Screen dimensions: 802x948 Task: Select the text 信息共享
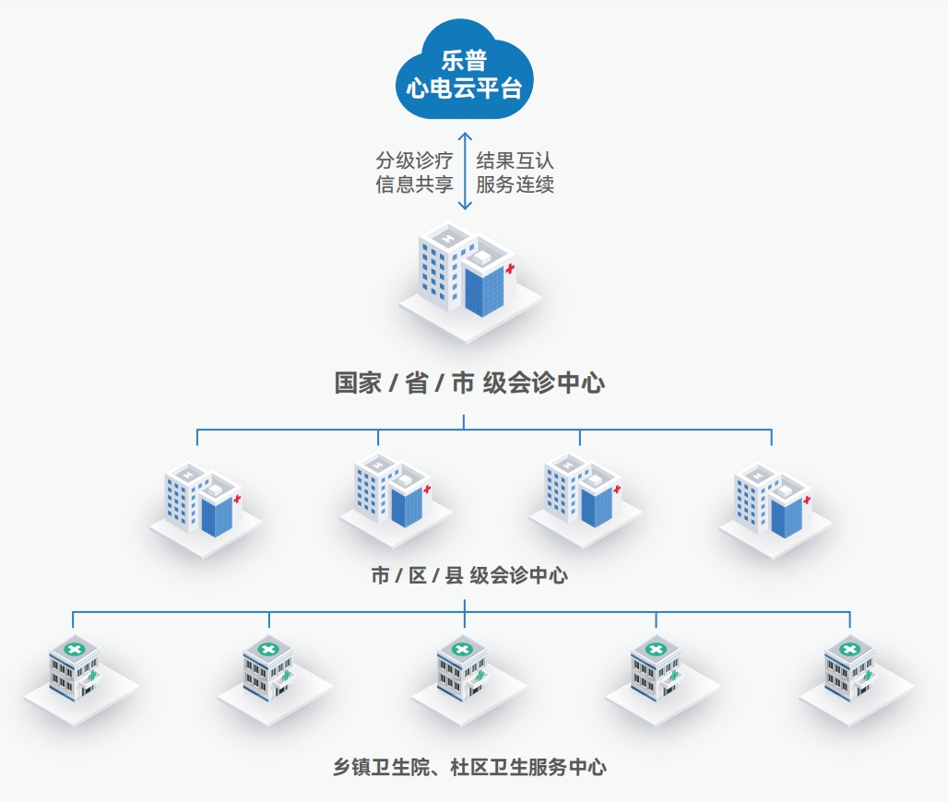pyautogui.click(x=414, y=184)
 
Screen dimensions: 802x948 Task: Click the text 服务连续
pyautogui.click(x=515, y=184)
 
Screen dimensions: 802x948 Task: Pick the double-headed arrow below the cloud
pyautogui.click(x=465, y=171)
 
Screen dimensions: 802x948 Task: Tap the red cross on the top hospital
pyautogui.click(x=510, y=268)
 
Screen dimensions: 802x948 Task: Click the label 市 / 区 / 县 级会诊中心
pyautogui.click(x=468, y=576)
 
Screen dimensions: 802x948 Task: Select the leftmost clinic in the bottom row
pyautogui.click(x=77, y=673)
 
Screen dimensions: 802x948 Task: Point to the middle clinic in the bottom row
pyautogui.click(x=465, y=673)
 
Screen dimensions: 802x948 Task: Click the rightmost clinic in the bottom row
pyautogui.click(x=852, y=673)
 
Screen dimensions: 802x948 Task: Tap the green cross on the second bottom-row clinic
pyautogui.click(x=267, y=649)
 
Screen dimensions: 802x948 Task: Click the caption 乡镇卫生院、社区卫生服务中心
pyautogui.click(x=469, y=767)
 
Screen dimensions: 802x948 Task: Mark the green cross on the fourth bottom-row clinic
pyautogui.click(x=655, y=649)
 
